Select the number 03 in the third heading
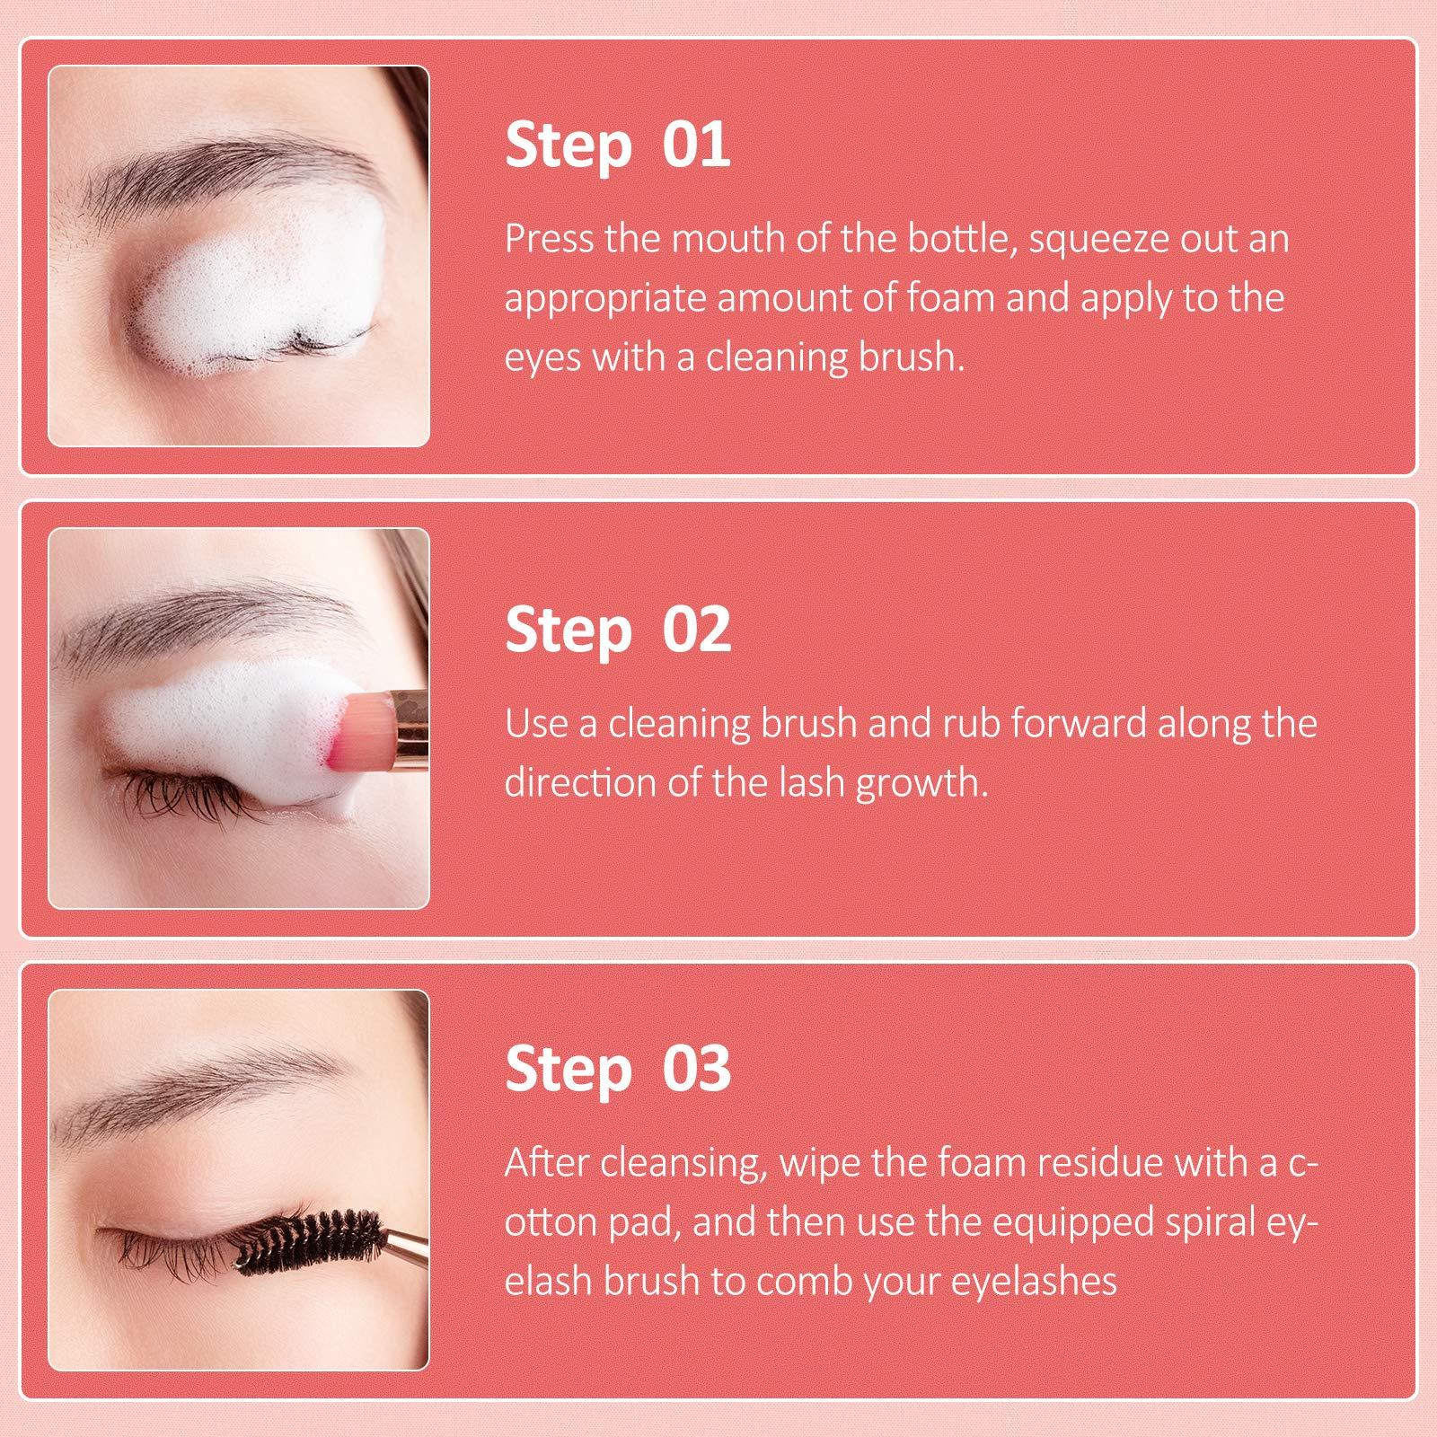696,1069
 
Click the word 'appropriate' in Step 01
604,299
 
